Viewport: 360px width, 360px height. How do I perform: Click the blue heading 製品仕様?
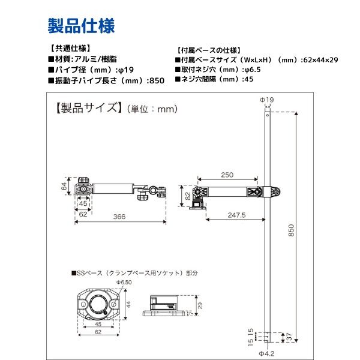point(81,26)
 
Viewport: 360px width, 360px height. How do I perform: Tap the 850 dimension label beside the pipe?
point(291,230)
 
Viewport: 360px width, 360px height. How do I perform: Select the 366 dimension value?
point(119,217)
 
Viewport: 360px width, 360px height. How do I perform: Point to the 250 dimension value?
point(227,175)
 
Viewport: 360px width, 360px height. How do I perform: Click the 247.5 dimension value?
point(236,215)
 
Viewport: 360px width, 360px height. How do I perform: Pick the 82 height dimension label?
point(188,196)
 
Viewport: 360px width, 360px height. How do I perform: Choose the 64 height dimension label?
point(64,186)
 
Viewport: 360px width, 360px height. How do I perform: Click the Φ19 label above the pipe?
point(267,100)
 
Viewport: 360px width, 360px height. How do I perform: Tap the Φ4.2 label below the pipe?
point(267,353)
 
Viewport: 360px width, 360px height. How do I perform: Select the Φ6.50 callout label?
point(124,282)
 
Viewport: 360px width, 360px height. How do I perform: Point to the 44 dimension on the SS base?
point(128,304)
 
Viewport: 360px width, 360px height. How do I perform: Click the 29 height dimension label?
point(200,305)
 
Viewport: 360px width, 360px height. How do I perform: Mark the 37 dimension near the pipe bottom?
point(290,337)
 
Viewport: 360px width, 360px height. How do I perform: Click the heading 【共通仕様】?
point(70,49)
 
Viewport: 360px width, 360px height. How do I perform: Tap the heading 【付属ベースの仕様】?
point(209,50)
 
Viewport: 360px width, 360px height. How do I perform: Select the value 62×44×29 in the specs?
point(321,60)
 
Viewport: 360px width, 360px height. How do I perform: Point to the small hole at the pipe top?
point(268,115)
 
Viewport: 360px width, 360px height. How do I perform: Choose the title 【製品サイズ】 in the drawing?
point(89,108)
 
